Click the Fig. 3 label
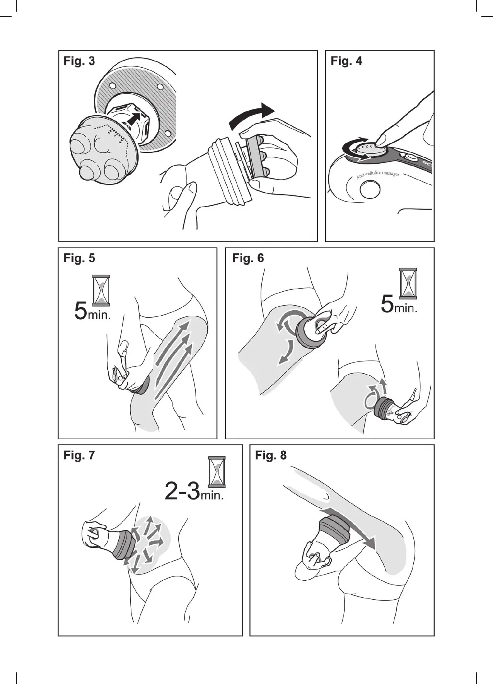tap(79, 61)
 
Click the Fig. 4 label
tap(346, 61)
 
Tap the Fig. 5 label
tap(79, 258)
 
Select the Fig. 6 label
tap(247, 258)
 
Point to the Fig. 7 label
tap(79, 455)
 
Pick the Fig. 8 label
tap(271, 455)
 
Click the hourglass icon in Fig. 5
tap(101, 290)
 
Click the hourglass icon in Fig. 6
tap(408, 283)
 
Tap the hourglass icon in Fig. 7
tap(217, 472)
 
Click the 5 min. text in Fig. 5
tap(92, 312)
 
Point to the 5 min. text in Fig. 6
tap(399, 305)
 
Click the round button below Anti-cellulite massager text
tap(370, 190)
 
